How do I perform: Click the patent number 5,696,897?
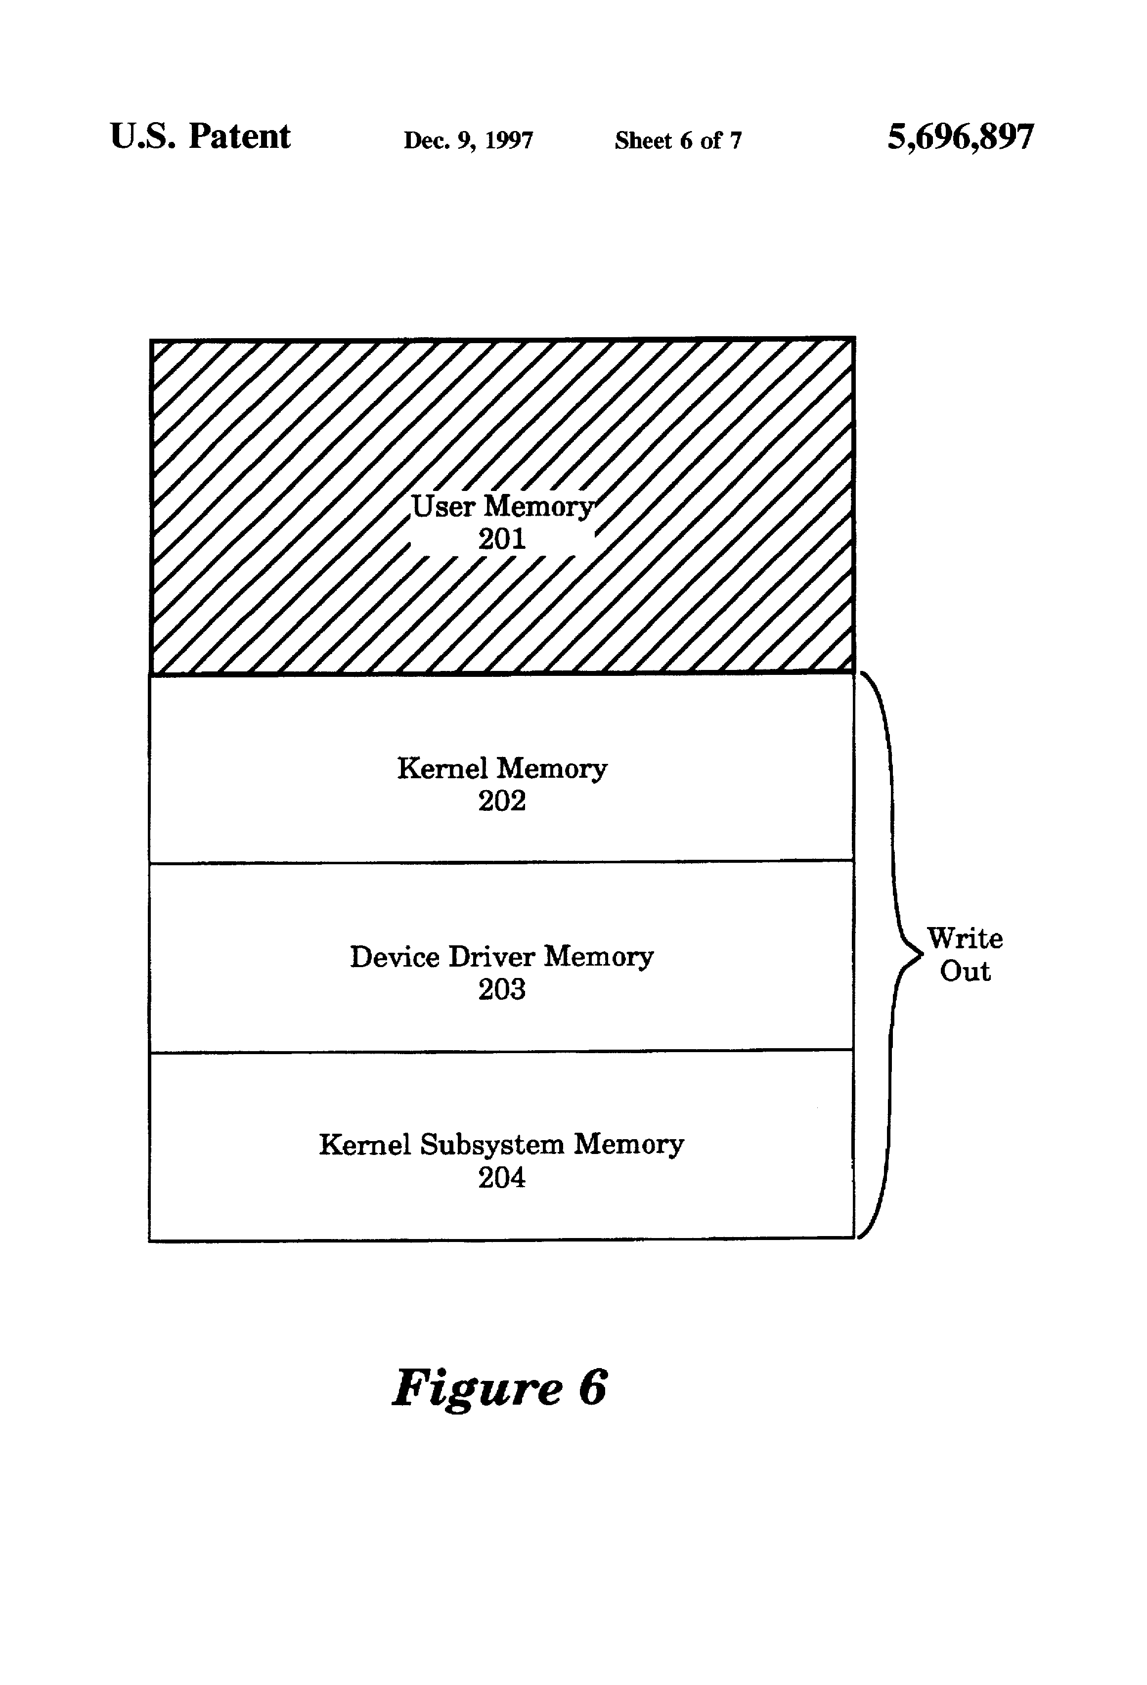coord(960,137)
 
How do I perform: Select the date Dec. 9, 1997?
coord(468,140)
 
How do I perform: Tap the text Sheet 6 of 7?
coord(678,140)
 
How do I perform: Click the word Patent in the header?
coord(239,137)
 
